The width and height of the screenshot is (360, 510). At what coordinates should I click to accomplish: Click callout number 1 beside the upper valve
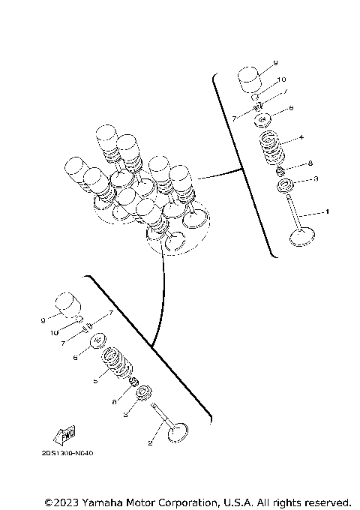pos(327,212)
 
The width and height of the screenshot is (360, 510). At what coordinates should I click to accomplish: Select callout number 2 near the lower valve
pos(151,445)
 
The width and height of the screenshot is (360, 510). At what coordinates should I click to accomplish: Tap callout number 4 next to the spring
pos(301,138)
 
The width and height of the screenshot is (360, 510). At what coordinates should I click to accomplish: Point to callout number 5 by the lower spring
pos(95,381)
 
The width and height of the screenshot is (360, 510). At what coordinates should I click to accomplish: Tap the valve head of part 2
pos(178,433)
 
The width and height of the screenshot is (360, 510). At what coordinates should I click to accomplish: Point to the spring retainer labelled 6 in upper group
pos(263,118)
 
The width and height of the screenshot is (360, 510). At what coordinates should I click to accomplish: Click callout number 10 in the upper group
pos(281,79)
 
